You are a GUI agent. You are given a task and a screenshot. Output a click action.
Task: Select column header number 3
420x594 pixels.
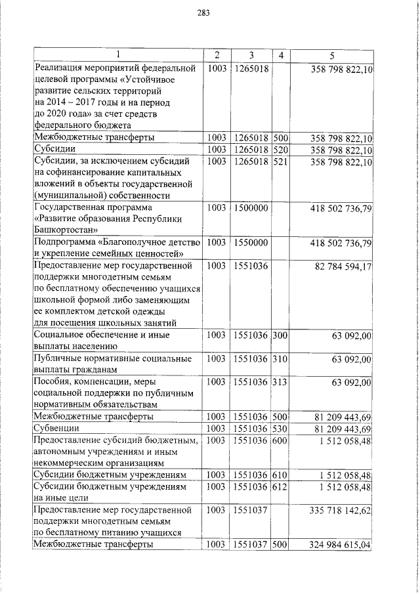point(251,55)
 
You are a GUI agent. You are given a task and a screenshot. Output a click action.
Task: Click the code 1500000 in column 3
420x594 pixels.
point(250,208)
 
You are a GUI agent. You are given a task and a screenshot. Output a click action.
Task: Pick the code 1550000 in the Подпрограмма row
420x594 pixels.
point(250,243)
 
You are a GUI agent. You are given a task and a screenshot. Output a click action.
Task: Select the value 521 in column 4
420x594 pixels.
point(281,161)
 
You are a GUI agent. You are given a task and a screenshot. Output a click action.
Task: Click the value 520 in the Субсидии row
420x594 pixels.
point(281,150)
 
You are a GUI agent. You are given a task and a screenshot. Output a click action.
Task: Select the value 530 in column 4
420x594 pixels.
point(281,429)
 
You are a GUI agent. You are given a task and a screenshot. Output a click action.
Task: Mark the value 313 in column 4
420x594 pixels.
point(281,382)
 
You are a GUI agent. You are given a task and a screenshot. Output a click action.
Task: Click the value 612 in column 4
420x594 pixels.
point(281,486)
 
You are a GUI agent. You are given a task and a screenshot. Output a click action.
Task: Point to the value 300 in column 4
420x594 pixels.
point(281,335)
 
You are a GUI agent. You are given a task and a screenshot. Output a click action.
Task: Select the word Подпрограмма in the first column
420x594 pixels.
point(65,243)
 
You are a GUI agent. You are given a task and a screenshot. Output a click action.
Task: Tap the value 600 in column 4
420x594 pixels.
point(281,440)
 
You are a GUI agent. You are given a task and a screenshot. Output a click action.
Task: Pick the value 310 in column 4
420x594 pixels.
point(281,359)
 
